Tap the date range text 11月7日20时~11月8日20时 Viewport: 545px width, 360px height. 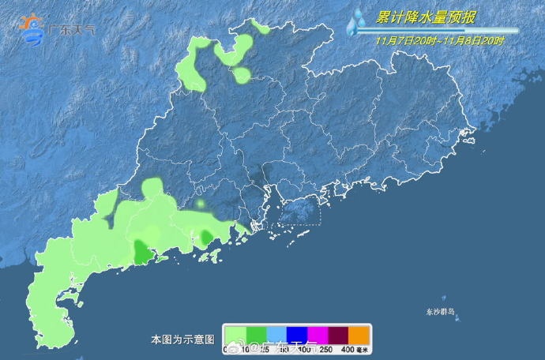coord(441,39)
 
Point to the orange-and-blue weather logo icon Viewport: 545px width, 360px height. coord(32,29)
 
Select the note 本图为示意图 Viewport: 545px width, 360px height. coord(182,339)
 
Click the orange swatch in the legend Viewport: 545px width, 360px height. coord(359,335)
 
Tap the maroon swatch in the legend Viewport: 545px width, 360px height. coord(339,335)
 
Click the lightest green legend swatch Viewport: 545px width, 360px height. coord(235,335)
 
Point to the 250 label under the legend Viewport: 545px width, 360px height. coord(325,349)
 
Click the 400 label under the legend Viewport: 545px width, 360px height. coord(346,349)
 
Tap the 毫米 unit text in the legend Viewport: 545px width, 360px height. coord(363,349)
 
